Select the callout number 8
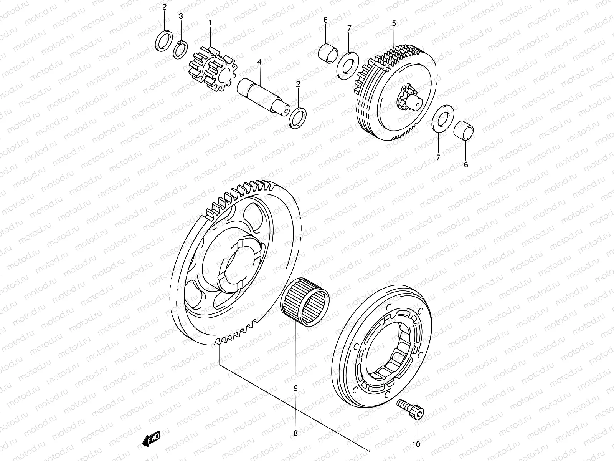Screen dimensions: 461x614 295,433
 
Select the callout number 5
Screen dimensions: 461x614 394,23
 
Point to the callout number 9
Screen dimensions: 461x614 295,388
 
